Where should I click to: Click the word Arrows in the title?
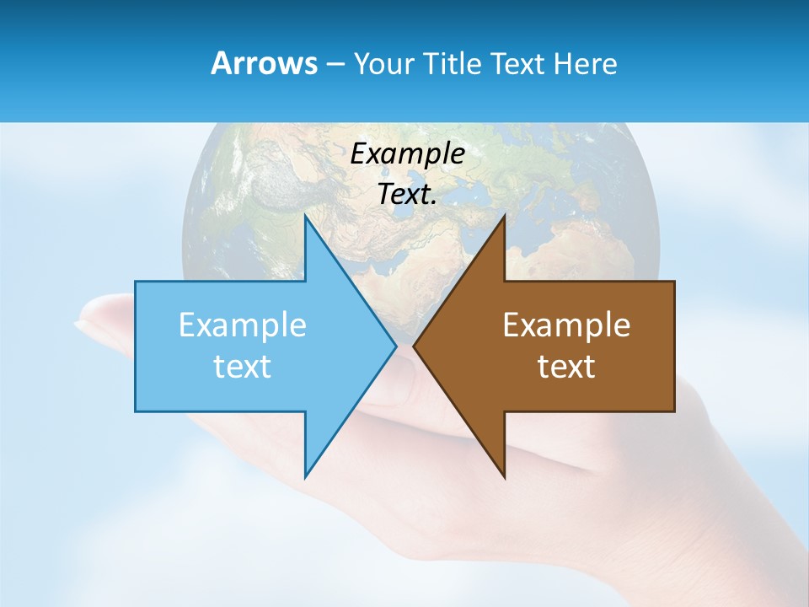point(264,63)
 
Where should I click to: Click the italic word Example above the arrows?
point(408,153)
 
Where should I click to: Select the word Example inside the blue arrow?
point(243,325)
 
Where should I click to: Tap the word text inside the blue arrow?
point(243,366)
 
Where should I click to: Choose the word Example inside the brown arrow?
point(566,325)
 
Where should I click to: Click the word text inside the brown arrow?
point(566,366)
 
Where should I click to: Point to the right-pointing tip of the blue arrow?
point(396,346)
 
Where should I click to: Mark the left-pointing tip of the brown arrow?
point(414,346)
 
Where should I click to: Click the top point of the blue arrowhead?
point(306,216)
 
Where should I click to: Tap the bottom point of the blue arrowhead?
point(306,476)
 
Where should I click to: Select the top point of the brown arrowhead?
point(504,216)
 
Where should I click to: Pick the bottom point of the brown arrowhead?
point(504,476)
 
